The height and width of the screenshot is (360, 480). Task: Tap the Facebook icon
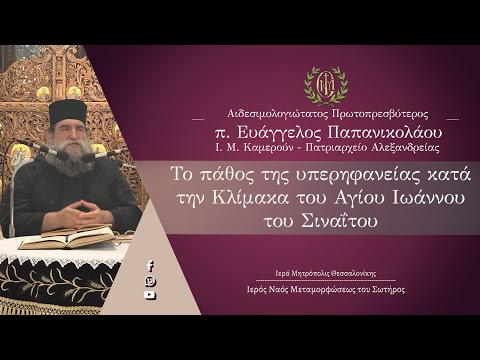click(x=150, y=265)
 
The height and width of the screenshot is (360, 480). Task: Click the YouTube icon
click(x=150, y=295)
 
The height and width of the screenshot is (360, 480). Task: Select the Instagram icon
click(x=150, y=280)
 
